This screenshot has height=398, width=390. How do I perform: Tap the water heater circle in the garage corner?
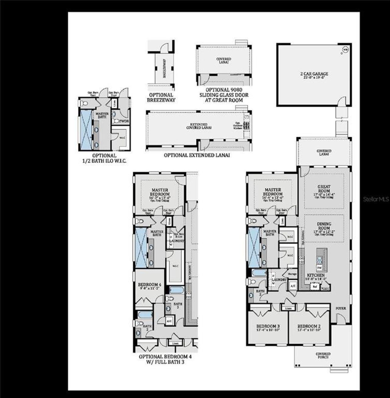pos(345,49)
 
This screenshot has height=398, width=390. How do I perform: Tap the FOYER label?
pos(341,308)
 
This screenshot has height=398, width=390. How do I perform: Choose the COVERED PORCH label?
pos(323,356)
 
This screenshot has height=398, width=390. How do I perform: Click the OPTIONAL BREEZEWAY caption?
pos(161,97)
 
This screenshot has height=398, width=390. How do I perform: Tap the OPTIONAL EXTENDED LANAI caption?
pos(197,155)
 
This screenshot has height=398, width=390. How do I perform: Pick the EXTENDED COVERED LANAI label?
pos(199,126)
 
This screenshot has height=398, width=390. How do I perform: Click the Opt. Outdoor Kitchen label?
pos(238,125)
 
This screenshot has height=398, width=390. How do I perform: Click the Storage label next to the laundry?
pos(292,274)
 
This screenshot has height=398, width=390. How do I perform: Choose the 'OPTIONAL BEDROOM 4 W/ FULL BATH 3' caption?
pos(165,359)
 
